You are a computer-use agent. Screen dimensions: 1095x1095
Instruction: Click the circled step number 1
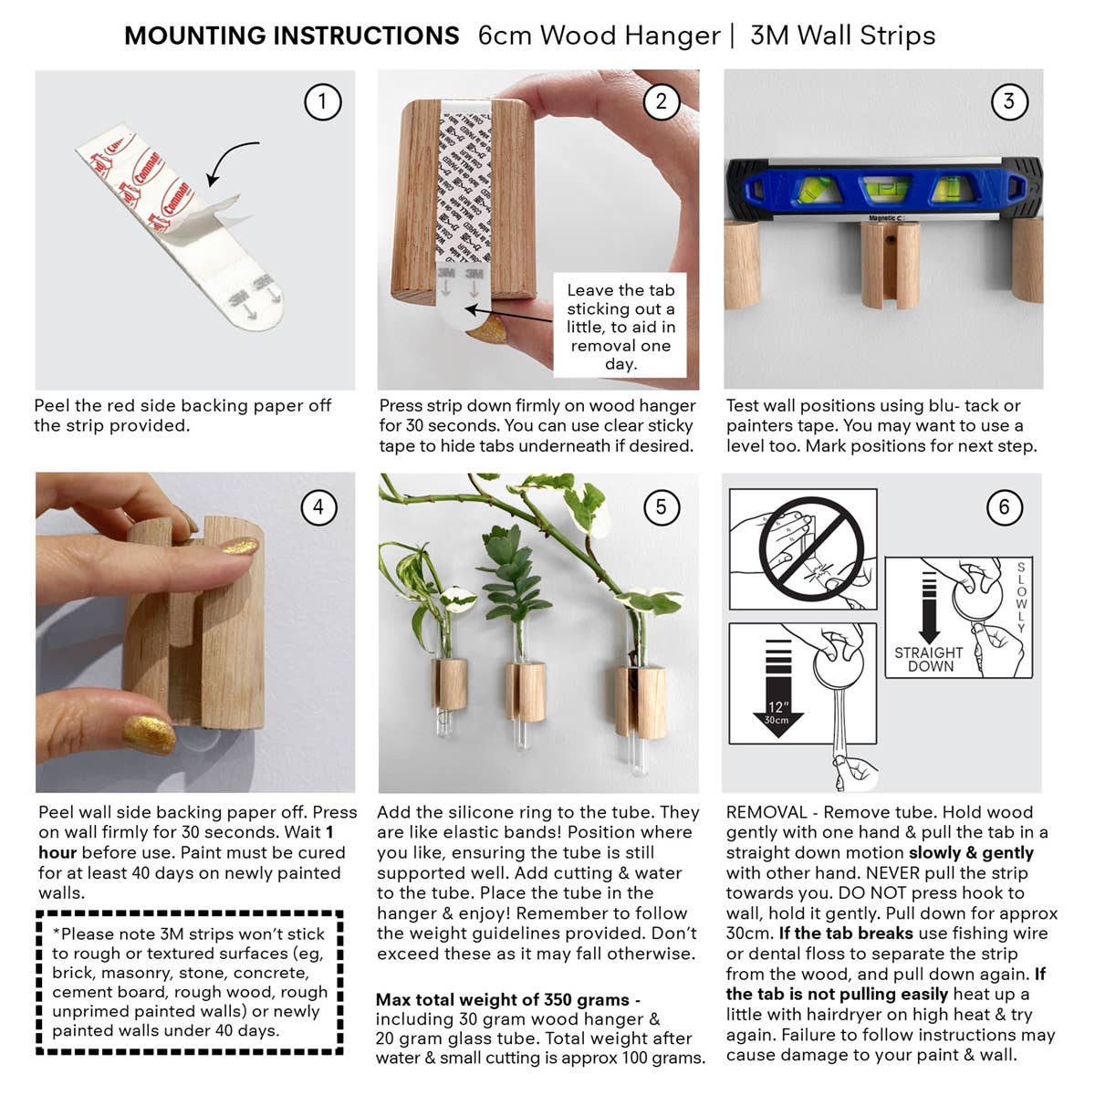click(x=322, y=101)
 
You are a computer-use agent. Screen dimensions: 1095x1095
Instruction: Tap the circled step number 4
click(x=318, y=506)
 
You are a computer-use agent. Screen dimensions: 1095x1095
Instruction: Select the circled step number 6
click(x=1004, y=506)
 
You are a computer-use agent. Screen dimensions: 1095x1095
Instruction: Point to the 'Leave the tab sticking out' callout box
click(x=620, y=326)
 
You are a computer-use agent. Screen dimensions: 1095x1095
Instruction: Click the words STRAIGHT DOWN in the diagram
click(x=928, y=659)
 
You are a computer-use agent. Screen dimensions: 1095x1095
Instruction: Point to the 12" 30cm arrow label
click(x=777, y=712)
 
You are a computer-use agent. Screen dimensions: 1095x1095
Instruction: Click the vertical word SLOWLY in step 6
click(x=1021, y=599)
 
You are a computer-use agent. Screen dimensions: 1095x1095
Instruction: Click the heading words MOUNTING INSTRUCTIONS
click(x=291, y=36)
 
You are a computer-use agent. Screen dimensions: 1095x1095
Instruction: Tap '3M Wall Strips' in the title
click(x=842, y=36)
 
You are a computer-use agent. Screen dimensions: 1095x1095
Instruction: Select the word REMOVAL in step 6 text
click(x=766, y=812)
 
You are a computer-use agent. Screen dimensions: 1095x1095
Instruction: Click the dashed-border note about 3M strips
click(x=190, y=982)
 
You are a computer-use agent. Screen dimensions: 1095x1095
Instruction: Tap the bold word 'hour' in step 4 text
click(x=57, y=852)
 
